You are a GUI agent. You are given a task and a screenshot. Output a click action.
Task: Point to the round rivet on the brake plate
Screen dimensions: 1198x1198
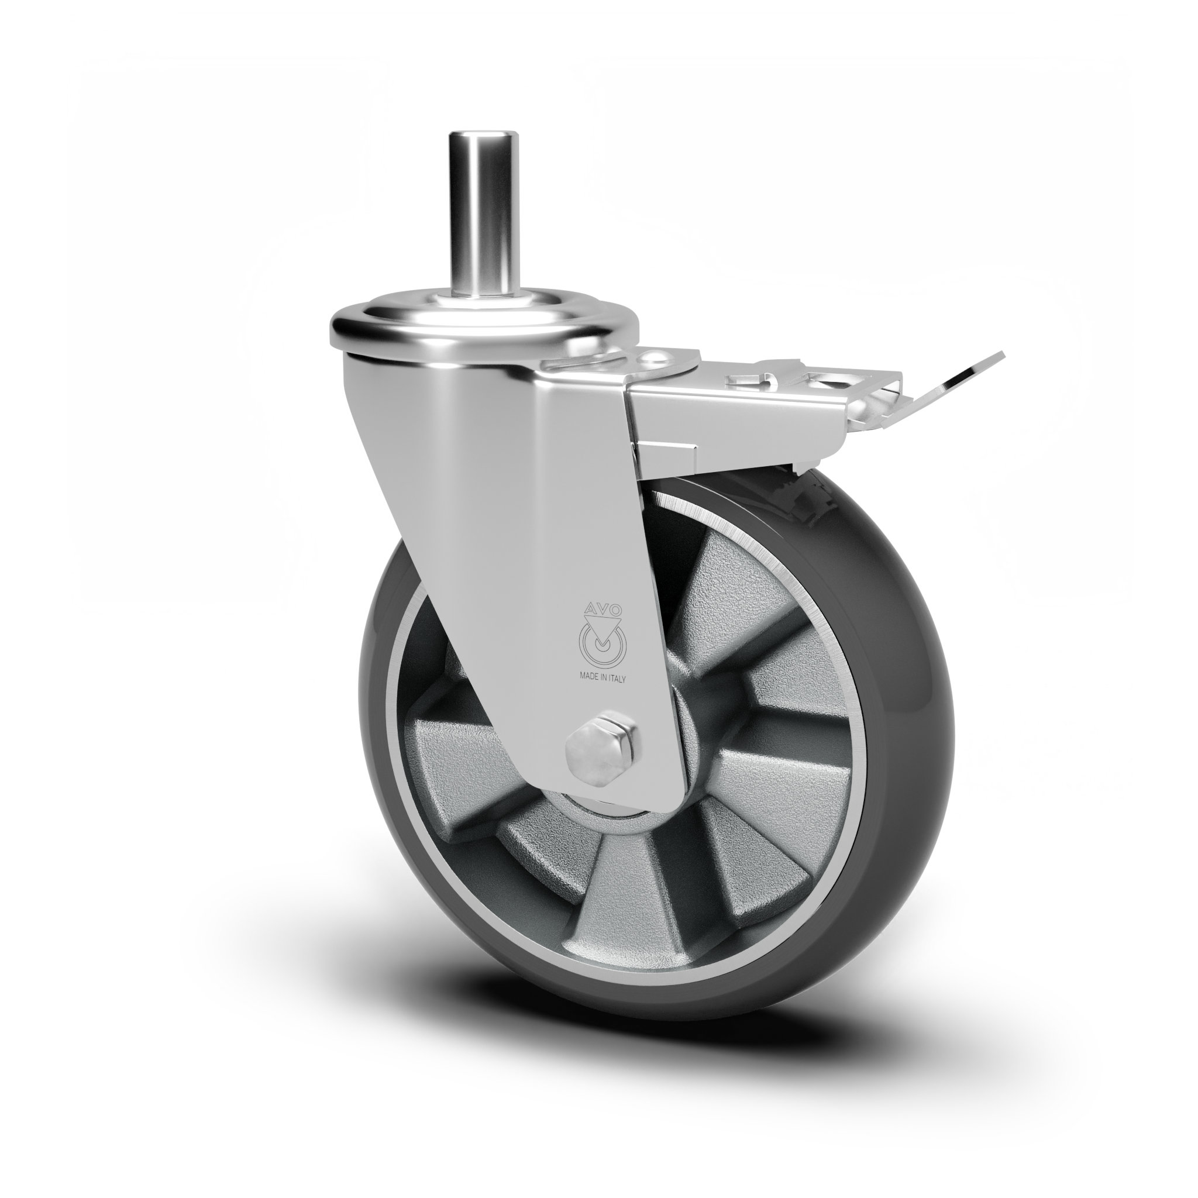point(653,359)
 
